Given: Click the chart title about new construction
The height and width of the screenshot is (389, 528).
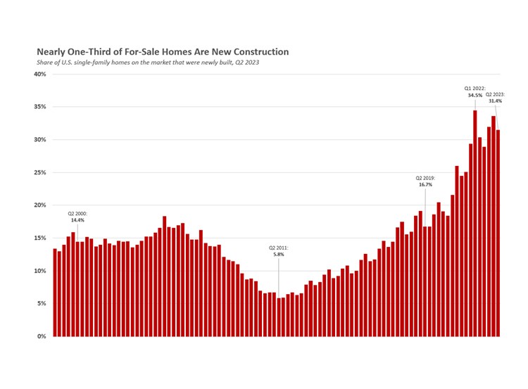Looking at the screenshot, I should point(163,52).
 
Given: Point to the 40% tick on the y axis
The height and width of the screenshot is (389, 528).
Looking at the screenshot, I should point(40,74).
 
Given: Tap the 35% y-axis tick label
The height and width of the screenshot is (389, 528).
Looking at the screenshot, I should point(40,107).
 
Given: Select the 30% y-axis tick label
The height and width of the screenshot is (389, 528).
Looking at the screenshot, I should point(40,139).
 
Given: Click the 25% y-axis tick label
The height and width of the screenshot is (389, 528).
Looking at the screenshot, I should point(40,172).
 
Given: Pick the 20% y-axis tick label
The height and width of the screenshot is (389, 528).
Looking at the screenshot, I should point(40,205).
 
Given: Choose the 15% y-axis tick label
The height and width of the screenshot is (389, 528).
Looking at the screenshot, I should point(40,238).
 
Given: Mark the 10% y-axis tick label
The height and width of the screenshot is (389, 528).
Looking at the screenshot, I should point(40,271).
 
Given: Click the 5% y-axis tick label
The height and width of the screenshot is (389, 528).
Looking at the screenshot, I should point(42,303).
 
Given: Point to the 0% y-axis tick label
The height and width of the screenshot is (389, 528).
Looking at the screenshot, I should point(42,336).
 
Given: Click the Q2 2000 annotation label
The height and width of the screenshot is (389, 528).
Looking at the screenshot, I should point(78,216).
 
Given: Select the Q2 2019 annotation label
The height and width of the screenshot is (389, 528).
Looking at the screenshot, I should point(425,181).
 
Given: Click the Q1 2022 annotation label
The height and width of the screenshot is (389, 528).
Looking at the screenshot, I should point(474,91).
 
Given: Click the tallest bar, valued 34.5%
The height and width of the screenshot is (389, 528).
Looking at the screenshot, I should point(475,223).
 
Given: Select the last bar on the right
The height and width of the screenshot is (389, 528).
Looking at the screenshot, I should point(498,233).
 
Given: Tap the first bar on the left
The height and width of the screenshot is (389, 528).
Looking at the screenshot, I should point(55,293).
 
